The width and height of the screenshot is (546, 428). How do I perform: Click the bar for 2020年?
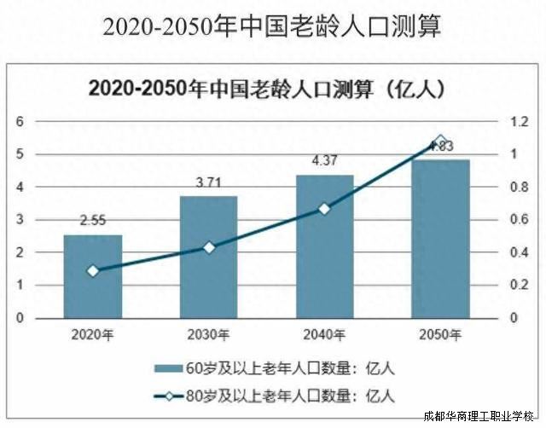point(92,276)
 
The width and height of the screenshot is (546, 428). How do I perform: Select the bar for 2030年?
point(208,257)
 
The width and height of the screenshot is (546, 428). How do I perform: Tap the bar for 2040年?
point(324,246)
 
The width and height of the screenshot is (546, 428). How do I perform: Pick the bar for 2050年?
point(440,239)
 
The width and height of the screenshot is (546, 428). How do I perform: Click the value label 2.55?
point(92,221)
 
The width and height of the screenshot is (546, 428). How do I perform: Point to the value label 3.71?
point(208,182)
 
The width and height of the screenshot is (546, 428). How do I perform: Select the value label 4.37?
point(324,161)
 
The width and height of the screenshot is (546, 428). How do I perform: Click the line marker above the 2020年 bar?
point(92,271)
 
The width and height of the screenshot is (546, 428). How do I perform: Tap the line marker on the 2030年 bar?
point(208,247)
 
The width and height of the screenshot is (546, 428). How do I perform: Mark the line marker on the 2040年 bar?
point(324,208)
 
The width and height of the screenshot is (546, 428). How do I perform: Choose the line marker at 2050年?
point(440,142)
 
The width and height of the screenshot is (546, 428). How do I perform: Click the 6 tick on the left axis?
point(19,122)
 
